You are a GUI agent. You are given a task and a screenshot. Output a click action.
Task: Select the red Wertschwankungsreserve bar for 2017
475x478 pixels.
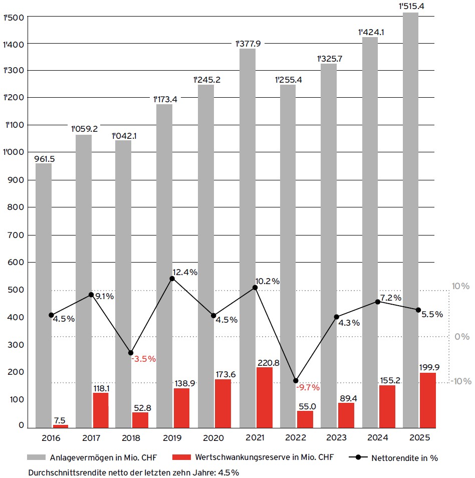coord(100,410)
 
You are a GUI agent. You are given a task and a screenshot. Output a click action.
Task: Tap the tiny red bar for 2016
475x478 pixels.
coord(60,426)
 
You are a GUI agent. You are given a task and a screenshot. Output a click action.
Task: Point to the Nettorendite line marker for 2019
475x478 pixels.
coord(172,278)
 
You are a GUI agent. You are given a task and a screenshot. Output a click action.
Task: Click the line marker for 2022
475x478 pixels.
coord(296,381)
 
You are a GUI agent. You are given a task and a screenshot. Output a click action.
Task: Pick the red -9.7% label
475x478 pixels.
coord(308,387)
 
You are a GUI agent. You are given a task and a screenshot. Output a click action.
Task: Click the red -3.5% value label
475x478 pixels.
coord(144,359)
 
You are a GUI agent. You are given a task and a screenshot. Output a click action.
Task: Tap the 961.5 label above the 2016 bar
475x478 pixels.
coord(44,159)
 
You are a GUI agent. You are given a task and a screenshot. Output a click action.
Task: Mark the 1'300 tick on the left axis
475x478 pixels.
coord(13,71)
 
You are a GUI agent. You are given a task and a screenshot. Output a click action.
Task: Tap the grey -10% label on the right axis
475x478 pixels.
coord(460,381)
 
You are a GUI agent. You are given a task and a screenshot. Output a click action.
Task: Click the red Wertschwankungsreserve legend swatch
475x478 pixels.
coord(181,457)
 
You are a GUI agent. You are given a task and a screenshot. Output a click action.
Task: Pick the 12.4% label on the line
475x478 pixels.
coord(186,272)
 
